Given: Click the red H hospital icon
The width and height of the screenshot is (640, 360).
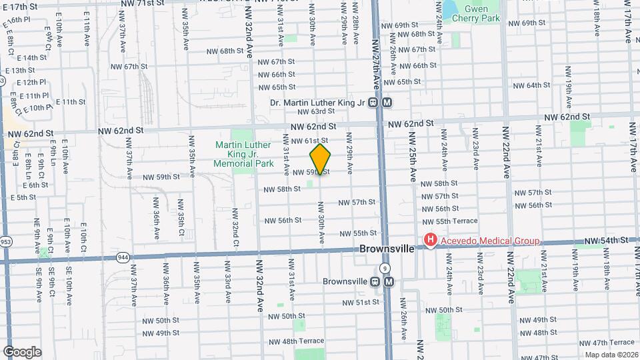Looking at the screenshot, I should coord(431,241).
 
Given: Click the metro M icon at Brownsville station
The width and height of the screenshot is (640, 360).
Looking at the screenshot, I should coord(389,281).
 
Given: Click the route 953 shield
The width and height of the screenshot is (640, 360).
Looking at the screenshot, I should coord(5,241).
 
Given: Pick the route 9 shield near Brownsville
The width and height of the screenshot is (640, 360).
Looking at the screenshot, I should coord(385,267).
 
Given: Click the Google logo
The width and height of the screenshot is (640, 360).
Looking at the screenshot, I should coord(22,352).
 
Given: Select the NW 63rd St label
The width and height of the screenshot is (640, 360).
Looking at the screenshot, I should coord(315,112).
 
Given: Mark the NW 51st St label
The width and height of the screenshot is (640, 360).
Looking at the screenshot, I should coord(361,302).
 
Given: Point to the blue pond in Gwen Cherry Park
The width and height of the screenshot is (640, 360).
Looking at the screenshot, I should coord(449,9).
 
